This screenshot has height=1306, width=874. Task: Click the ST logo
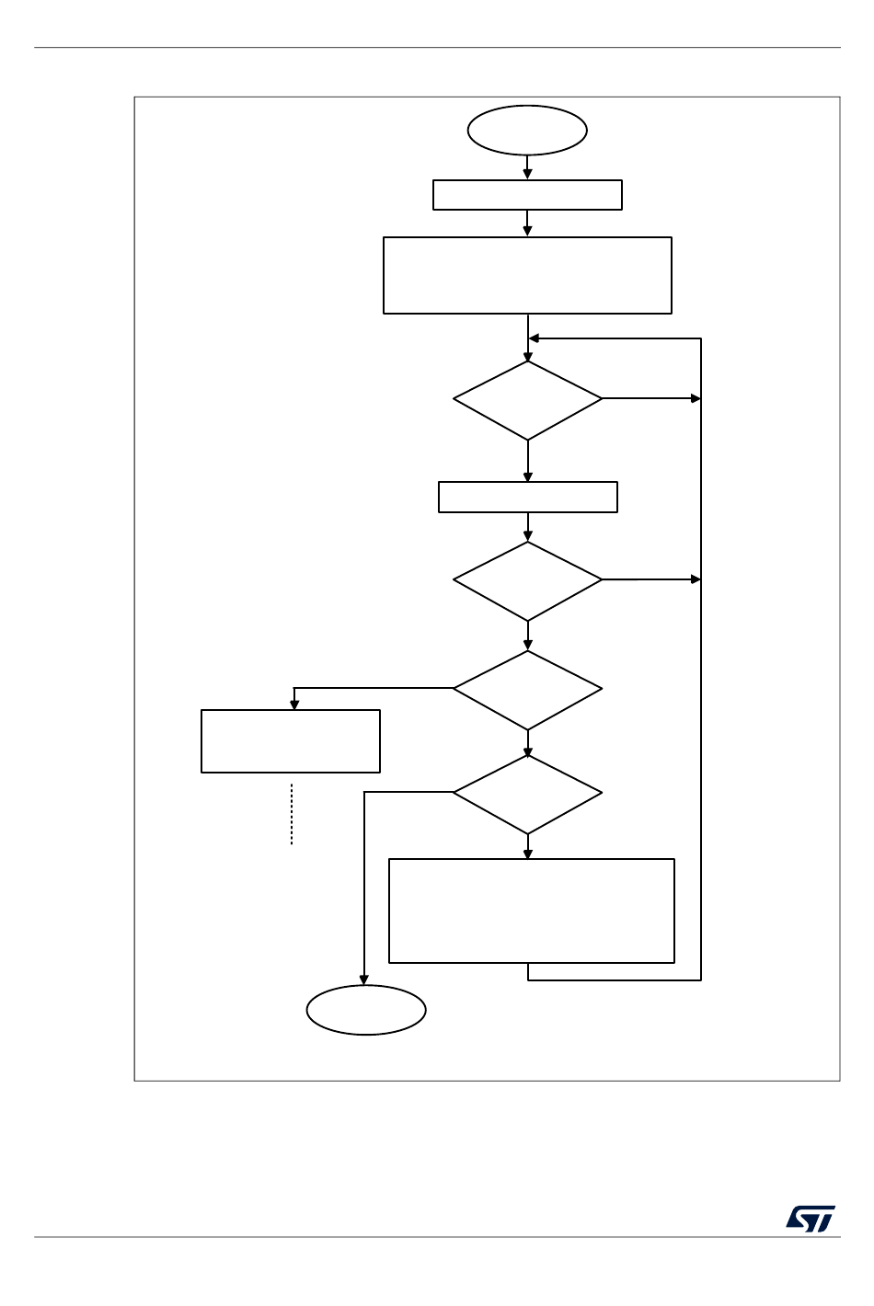click(x=811, y=1219)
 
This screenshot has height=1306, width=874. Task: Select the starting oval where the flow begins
click(x=527, y=131)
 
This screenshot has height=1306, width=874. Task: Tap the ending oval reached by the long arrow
click(x=366, y=1010)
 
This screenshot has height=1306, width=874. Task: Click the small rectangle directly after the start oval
click(x=527, y=195)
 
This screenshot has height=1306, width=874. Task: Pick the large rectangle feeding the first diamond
click(x=527, y=276)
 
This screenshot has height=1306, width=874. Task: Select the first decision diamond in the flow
click(x=527, y=400)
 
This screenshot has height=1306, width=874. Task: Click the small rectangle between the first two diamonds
click(x=527, y=497)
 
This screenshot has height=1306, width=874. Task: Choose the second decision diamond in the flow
click(x=527, y=580)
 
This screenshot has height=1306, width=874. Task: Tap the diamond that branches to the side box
click(x=527, y=690)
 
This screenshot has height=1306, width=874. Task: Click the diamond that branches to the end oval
click(x=527, y=794)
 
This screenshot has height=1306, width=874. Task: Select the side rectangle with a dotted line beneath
click(x=291, y=740)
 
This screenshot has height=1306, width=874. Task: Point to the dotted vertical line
click(x=292, y=814)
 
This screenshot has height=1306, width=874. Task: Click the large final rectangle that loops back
click(x=532, y=911)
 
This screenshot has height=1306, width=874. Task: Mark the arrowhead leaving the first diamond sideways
click(x=696, y=398)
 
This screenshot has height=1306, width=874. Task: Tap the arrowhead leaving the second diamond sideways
click(x=696, y=579)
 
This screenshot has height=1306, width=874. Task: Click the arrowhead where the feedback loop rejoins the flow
click(x=534, y=338)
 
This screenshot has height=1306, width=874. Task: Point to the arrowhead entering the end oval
click(x=364, y=980)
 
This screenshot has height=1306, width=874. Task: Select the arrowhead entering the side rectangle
click(x=294, y=705)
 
